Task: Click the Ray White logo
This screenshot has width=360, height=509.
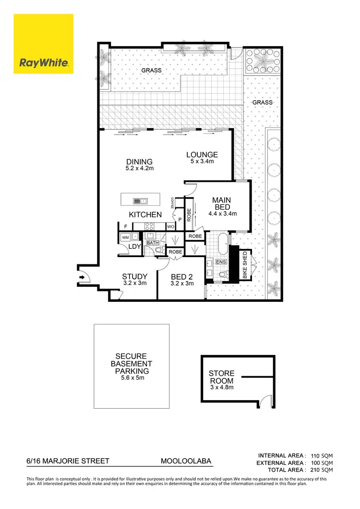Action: [x=43, y=44]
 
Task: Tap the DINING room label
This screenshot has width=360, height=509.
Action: [x=139, y=162]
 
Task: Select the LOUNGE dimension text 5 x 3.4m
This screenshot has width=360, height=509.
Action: [x=202, y=162]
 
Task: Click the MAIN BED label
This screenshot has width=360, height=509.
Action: [x=221, y=203]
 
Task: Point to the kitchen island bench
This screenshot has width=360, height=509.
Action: [x=140, y=201]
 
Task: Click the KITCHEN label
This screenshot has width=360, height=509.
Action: [x=145, y=214]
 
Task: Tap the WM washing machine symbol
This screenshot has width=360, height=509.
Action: [x=125, y=237]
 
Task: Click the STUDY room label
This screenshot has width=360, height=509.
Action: [x=134, y=277]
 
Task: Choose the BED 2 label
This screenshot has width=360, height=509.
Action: [x=182, y=277]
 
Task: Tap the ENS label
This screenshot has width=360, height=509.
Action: [x=221, y=262]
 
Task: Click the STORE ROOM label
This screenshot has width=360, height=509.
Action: [x=221, y=376]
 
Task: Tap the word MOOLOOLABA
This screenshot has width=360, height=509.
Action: [x=186, y=461]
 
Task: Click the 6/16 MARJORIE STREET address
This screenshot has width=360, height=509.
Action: [x=68, y=461]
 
